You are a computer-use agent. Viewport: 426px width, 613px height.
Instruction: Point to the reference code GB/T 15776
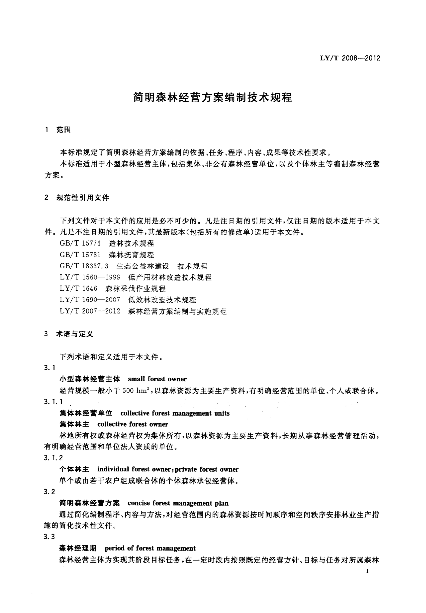click(80, 244)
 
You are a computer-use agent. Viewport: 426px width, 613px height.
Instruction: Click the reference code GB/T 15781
click(80, 255)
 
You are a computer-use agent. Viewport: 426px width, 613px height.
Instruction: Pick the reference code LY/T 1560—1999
click(90, 277)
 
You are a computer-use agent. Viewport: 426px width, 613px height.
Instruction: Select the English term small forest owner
click(157, 379)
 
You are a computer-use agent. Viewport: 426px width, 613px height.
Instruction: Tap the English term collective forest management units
click(175, 413)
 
